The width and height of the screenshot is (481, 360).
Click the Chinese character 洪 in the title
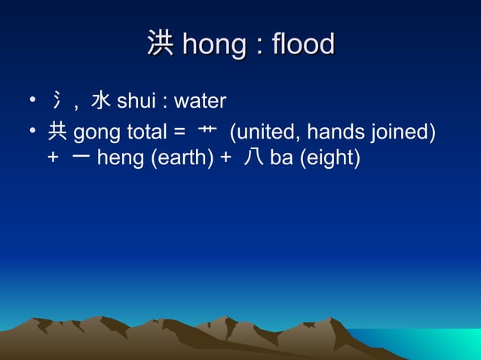point(160,44)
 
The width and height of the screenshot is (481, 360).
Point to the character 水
point(101,100)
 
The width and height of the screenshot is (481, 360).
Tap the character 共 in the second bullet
point(57,133)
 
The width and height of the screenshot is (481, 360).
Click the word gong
point(97,134)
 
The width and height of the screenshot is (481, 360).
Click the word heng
point(118,159)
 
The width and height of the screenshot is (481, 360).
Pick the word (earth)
point(179,159)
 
